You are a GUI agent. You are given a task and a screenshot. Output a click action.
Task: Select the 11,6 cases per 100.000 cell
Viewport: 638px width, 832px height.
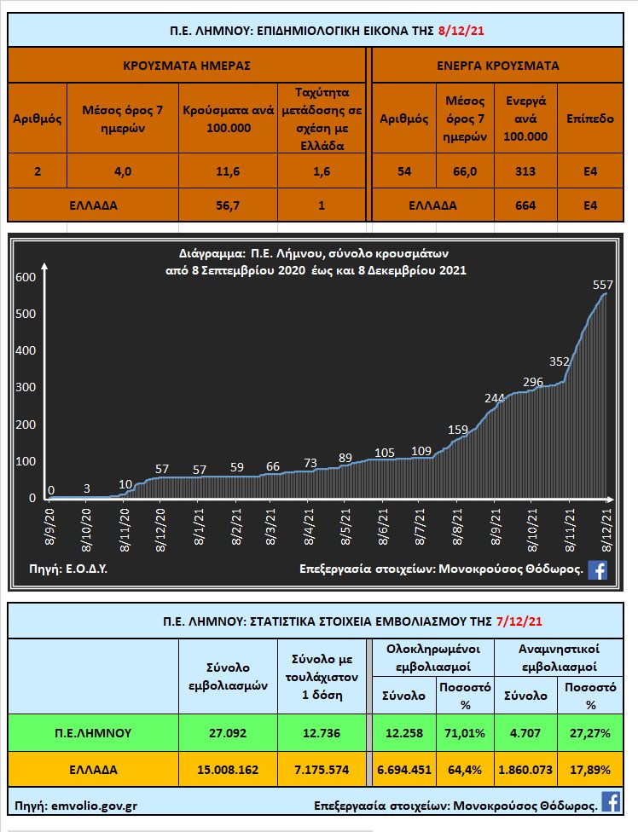coord(229,171)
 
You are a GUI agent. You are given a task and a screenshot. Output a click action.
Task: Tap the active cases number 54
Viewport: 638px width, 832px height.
coord(403,171)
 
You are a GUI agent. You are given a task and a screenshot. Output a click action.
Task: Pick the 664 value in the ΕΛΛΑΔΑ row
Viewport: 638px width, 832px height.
coord(525,205)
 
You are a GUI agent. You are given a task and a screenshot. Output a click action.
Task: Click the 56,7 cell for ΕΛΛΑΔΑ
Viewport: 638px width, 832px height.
coord(229,205)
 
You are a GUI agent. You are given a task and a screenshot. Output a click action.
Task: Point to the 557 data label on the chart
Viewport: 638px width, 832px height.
coord(603,284)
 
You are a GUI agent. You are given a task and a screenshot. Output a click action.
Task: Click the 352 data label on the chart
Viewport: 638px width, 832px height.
coord(559,361)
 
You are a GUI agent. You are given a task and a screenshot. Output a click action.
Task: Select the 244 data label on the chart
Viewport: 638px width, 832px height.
coord(495,398)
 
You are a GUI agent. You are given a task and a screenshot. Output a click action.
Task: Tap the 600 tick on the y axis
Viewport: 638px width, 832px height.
coord(26,277)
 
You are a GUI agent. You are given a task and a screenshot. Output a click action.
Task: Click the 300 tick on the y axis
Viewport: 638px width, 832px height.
coord(26,387)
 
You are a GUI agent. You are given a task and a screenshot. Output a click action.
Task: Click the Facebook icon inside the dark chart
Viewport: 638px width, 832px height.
coord(597,570)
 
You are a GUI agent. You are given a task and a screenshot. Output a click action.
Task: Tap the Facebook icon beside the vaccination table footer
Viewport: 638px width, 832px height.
coord(611,802)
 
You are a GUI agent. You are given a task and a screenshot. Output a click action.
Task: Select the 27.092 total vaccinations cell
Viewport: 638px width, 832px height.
coord(228,732)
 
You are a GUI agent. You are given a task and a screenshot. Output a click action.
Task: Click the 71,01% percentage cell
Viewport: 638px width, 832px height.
coord(465,732)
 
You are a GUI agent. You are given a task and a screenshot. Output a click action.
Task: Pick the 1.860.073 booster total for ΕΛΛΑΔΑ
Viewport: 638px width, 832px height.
coord(525,769)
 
